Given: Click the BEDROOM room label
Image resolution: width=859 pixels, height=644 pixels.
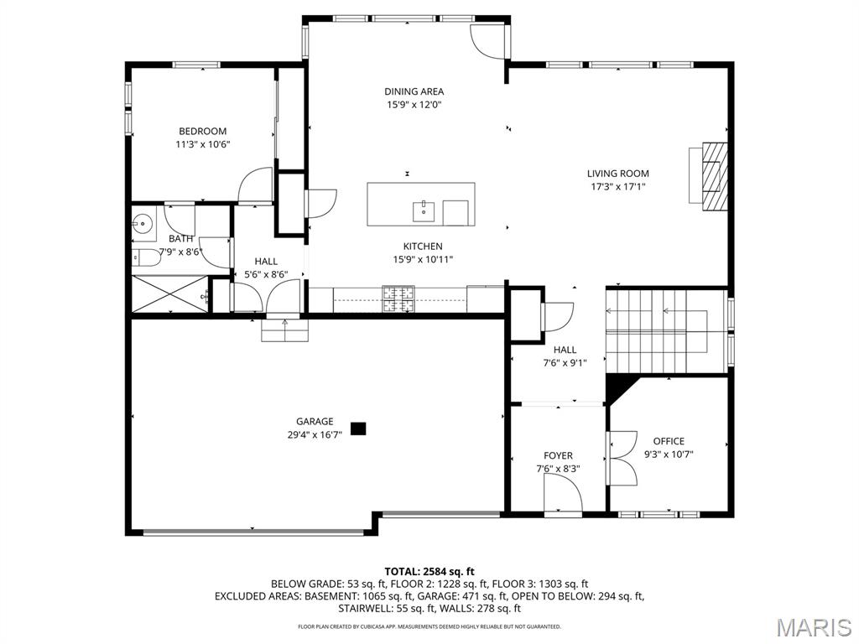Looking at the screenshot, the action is point(203,132).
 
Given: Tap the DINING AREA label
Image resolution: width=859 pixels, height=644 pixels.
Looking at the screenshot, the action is point(414,91).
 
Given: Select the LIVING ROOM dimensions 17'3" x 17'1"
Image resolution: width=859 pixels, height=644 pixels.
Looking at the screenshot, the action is point(618,187).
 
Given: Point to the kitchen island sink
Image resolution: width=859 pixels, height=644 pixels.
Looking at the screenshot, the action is point(424,211).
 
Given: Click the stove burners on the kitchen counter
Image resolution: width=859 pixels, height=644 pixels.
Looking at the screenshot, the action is point(398,299).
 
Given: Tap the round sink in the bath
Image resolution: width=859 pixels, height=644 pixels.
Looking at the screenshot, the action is point(143,223).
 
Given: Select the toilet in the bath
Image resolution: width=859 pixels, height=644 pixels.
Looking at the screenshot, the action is point(145,258).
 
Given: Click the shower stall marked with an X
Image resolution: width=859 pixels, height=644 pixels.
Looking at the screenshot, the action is point(170,294).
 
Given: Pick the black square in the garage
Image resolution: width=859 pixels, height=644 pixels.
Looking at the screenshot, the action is point(358,428).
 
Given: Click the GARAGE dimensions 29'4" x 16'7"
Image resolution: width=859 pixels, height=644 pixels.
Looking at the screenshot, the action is point(315,435).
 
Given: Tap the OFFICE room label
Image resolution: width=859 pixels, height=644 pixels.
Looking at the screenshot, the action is point(669,441).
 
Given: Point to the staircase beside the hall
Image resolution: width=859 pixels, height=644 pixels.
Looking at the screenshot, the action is point(666,330).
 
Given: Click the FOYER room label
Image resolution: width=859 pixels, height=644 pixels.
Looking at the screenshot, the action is point(558,455).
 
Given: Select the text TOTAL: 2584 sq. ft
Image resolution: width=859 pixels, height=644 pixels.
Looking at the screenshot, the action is point(429,572).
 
